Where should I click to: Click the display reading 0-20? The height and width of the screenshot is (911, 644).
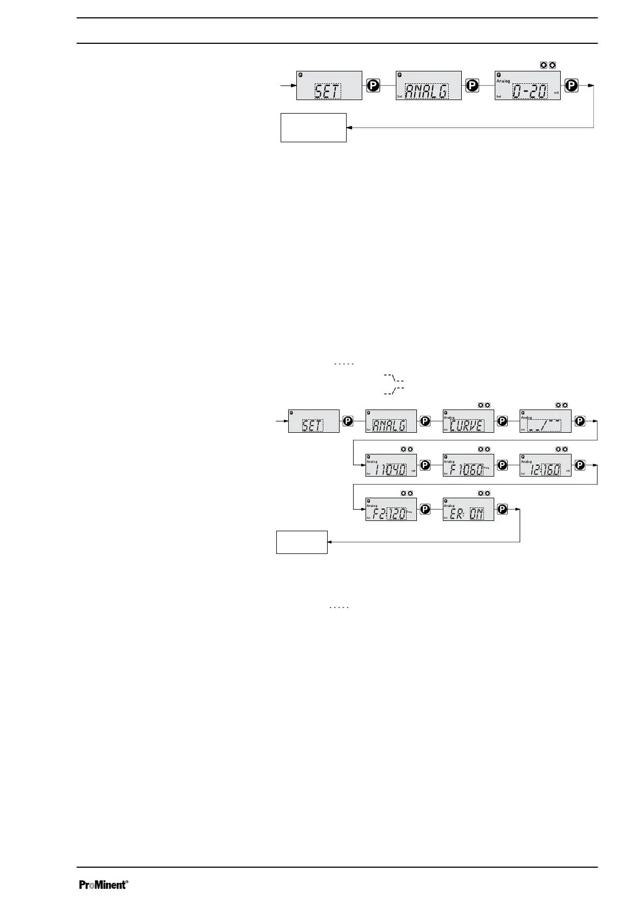(527, 85)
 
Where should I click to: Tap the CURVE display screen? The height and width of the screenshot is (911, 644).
(468, 421)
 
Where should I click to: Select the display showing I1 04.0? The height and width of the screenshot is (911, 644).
(391, 465)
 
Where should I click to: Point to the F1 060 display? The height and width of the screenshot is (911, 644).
(468, 465)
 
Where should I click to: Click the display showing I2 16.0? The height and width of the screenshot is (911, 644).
(545, 465)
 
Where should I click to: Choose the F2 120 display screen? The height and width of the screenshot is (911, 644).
(391, 510)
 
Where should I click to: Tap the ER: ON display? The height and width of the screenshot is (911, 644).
(468, 510)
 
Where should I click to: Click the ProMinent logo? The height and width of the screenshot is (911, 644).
(104, 885)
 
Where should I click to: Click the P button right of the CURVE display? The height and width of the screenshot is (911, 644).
(502, 421)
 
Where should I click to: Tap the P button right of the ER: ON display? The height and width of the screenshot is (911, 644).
(502, 510)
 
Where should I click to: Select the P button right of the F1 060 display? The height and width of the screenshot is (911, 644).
(502, 465)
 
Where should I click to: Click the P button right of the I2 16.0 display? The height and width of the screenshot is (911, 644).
(580, 465)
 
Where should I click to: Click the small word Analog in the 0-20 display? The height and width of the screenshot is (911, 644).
(503, 81)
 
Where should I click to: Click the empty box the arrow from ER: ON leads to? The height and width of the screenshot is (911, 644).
(302, 542)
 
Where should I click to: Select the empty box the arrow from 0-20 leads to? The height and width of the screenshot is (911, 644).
(313, 128)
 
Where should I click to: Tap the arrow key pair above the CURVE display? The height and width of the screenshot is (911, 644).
(483, 405)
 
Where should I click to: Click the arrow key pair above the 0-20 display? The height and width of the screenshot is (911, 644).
(548, 65)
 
